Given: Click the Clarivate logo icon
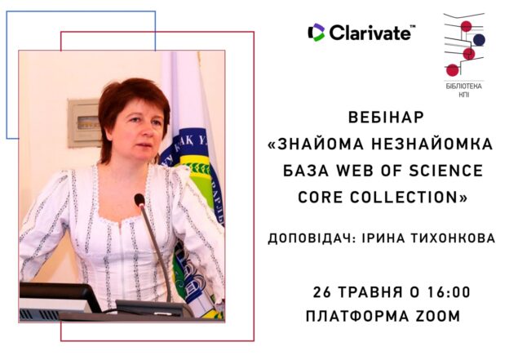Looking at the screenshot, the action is pyautogui.click(x=316, y=33).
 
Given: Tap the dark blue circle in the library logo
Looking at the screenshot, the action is pyautogui.click(x=479, y=40).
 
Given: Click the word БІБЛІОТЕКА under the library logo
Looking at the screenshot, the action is pyautogui.click(x=463, y=87).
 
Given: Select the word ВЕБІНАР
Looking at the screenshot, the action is pyautogui.click(x=386, y=118).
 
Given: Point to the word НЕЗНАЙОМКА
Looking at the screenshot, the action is pyautogui.click(x=432, y=144).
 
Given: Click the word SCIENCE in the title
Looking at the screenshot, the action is pyautogui.click(x=446, y=171).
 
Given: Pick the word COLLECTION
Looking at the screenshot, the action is pyautogui.click(x=404, y=198).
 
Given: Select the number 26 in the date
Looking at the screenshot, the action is pyautogui.click(x=321, y=291).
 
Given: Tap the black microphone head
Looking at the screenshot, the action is pyautogui.click(x=139, y=200).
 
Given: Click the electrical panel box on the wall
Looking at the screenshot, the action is pyautogui.click(x=84, y=123).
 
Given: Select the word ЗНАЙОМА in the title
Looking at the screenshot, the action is pyautogui.click(x=321, y=144).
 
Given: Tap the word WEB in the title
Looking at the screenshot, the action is pyautogui.click(x=355, y=171).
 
